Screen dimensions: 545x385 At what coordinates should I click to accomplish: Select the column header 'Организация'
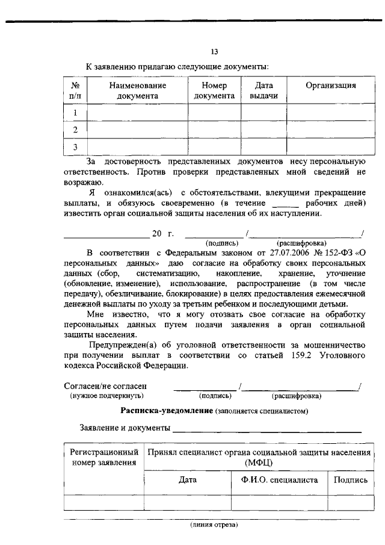[x=330, y=86]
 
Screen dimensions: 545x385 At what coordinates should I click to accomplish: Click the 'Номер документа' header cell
[x=215, y=90]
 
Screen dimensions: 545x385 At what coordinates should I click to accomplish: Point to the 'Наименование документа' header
[x=138, y=90]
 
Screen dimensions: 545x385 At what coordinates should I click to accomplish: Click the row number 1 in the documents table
[x=75, y=113]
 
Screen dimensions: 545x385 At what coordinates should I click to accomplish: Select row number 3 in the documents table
[x=75, y=147]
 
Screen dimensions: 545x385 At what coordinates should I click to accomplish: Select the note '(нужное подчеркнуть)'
[x=106, y=396]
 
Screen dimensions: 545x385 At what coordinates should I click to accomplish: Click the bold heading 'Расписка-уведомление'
[x=167, y=411]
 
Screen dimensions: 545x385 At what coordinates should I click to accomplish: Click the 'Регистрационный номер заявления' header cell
[x=104, y=457]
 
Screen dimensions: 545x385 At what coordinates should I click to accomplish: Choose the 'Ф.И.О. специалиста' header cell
[x=279, y=480]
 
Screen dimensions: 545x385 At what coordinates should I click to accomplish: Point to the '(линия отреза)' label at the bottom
[x=214, y=525]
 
